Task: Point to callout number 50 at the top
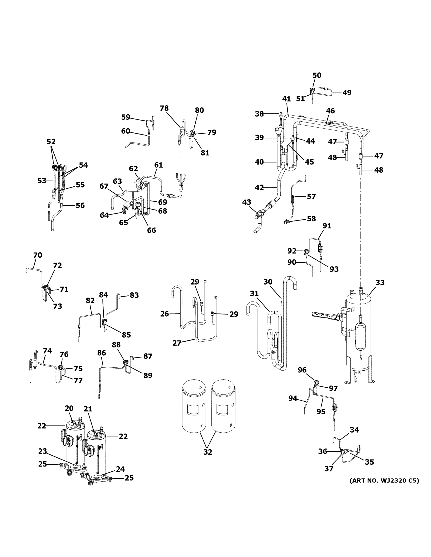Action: click(317, 75)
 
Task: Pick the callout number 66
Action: click(151, 230)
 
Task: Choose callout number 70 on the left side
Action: click(38, 255)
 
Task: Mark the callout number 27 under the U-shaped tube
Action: click(177, 343)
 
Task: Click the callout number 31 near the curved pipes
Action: click(254, 294)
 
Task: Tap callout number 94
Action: click(293, 398)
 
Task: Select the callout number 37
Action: click(329, 469)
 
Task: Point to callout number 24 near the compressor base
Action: click(120, 469)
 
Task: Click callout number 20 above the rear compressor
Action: click(69, 408)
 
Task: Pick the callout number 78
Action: click(164, 108)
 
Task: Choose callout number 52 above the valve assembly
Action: click(51, 142)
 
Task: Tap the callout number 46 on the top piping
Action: click(330, 111)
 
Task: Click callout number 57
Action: click(311, 196)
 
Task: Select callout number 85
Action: click(126, 335)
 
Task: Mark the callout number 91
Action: click(327, 226)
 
